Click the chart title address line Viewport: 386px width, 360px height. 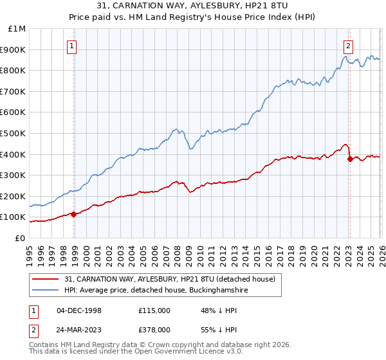point(193,6)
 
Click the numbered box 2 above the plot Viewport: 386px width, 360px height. point(348,46)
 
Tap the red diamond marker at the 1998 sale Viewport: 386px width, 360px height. point(74,214)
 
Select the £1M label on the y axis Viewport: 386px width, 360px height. point(17,29)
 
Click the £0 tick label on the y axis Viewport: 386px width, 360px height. point(20,238)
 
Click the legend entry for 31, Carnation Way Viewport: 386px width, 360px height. point(170,279)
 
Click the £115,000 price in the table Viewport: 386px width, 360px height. point(154,310)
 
